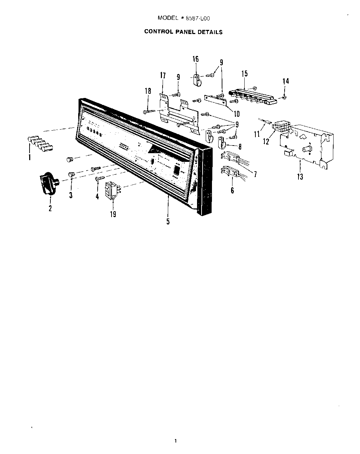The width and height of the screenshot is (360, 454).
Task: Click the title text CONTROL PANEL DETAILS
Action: [x=183, y=32]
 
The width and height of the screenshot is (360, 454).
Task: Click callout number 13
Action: [x=300, y=177]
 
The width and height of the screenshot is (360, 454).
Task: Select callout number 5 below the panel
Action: [x=168, y=221]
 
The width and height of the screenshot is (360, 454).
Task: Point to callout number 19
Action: [x=113, y=214]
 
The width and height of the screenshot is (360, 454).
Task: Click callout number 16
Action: [x=196, y=59]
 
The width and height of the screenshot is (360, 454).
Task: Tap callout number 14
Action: [x=285, y=81]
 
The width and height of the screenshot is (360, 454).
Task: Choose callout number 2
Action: [x=50, y=208]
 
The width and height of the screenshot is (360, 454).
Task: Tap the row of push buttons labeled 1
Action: [x=39, y=143]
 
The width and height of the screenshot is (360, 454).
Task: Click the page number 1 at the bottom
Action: [x=176, y=441]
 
